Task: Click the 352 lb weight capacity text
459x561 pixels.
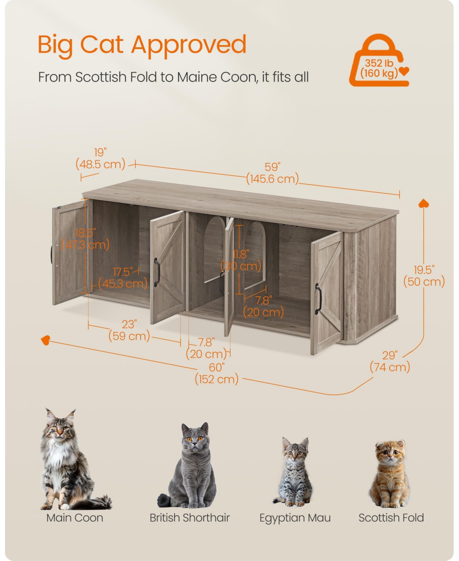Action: pos(379,63)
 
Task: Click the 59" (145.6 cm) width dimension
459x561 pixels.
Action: pos(272,173)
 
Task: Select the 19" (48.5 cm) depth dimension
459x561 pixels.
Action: pos(101,159)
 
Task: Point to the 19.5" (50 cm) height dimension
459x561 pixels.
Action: pos(424,276)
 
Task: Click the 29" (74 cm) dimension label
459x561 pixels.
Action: pos(390,361)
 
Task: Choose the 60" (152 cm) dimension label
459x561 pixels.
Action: pos(216,373)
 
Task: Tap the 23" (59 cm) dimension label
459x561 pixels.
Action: pos(129,330)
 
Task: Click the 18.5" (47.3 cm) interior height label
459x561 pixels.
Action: pos(85,239)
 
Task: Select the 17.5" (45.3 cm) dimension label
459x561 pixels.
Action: pos(123,278)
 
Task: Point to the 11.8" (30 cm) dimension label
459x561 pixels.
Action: pos(241,260)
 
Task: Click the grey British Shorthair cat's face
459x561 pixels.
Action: pos(195,439)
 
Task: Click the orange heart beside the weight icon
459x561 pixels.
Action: pos(404,71)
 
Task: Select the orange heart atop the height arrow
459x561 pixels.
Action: pos(423,203)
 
